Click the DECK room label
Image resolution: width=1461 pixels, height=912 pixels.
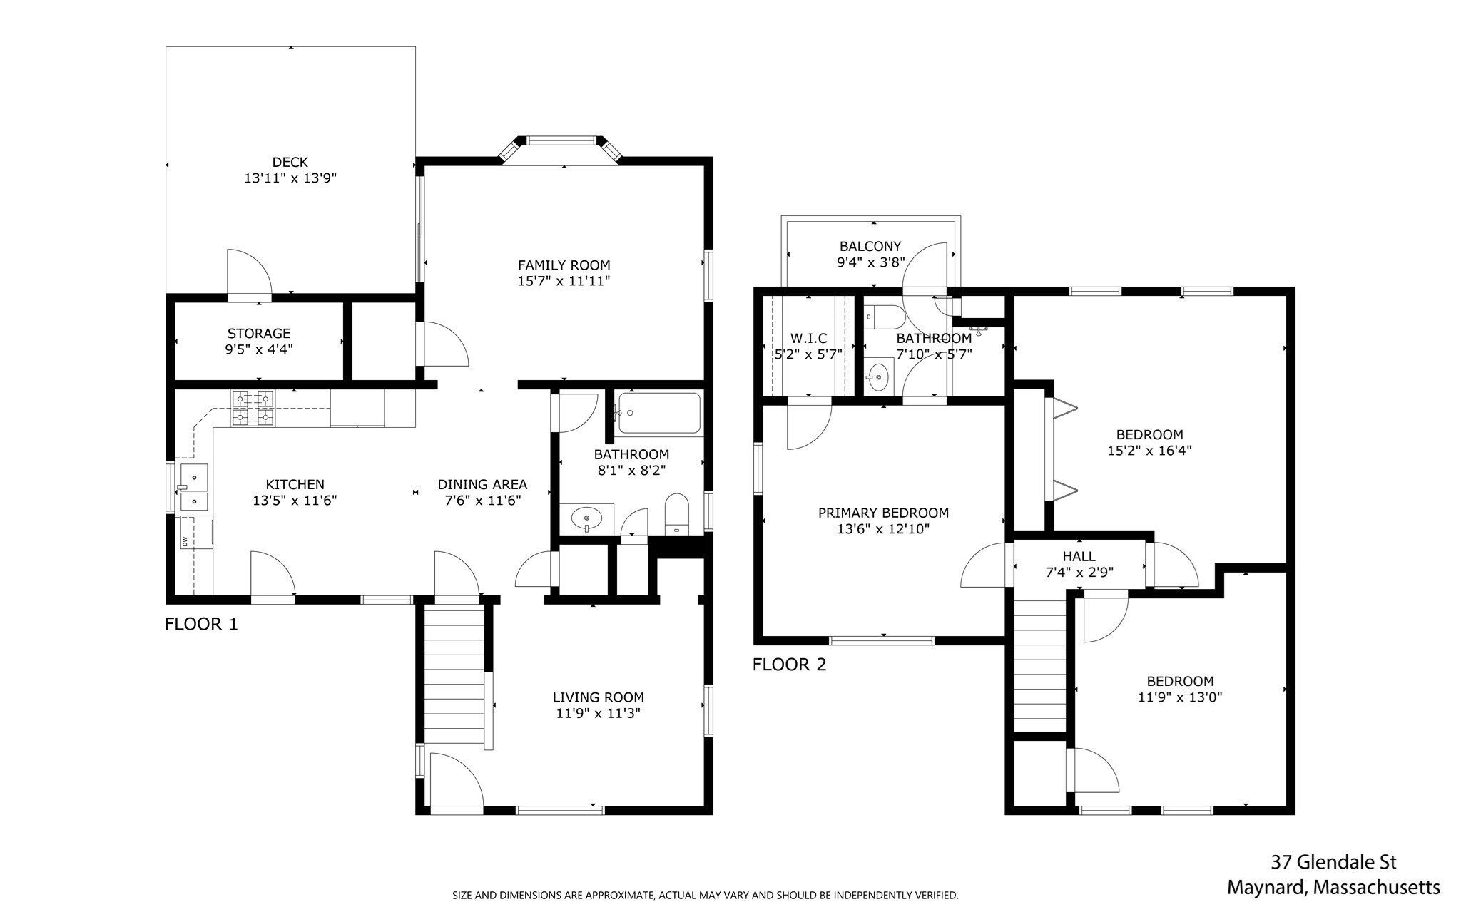click(290, 162)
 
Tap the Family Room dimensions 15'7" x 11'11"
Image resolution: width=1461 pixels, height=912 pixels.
click(564, 281)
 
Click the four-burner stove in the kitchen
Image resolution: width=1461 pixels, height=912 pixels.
click(253, 409)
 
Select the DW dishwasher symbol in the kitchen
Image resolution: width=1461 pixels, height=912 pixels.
click(185, 542)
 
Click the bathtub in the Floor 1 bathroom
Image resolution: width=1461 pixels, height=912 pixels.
click(658, 413)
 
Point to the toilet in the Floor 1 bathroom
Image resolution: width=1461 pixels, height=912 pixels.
click(676, 513)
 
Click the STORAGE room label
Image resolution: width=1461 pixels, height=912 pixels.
click(259, 333)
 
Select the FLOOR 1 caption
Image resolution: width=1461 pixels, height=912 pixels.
click(201, 624)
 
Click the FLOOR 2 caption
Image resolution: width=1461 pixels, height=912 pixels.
click(789, 665)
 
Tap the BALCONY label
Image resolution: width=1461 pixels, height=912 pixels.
click(870, 246)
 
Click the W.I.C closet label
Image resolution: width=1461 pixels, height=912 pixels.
click(808, 338)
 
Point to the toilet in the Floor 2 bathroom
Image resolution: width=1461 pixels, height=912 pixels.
click(875, 315)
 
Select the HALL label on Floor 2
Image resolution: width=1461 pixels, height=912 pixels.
click(1079, 556)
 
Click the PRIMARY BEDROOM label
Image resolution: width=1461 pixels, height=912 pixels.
click(883, 513)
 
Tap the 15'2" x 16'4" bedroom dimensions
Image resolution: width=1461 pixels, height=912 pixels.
click(1149, 451)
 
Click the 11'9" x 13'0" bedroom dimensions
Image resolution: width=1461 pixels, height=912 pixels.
click(1180, 697)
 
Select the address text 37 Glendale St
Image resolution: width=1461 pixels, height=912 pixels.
click(1333, 862)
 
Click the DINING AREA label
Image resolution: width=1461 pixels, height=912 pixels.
click(482, 484)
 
